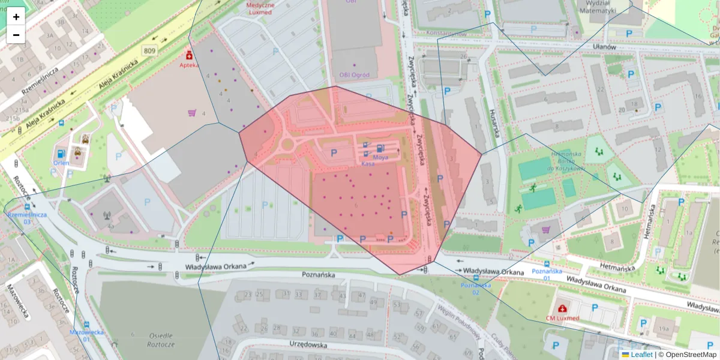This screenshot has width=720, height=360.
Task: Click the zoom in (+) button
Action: click(x=16, y=17)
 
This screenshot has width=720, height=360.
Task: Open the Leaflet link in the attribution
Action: click(x=641, y=355)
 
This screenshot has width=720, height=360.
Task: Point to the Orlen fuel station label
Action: click(x=61, y=162)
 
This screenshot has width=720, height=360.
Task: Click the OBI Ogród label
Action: click(x=355, y=75)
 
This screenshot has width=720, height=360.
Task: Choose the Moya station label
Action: click(x=380, y=157)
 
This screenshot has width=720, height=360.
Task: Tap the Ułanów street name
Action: click(x=604, y=47)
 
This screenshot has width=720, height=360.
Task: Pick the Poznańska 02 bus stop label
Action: click(x=475, y=289)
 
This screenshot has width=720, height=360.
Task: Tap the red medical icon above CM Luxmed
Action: click(x=562, y=307)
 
